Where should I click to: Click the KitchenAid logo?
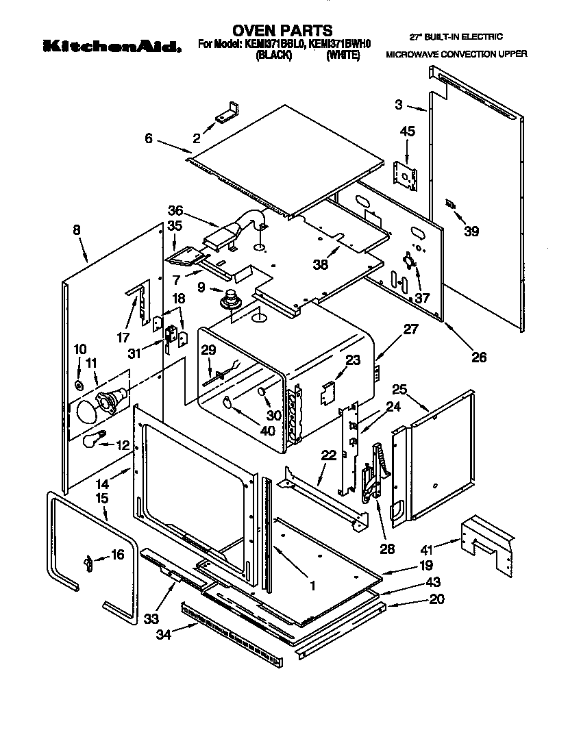coord(112,47)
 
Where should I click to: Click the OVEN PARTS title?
coord(282,30)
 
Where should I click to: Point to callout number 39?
coord(471,231)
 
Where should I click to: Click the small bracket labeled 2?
coord(227,111)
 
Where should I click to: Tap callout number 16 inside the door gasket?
coord(117,555)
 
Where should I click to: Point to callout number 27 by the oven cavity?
coord(410,329)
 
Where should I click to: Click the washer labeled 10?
coord(80,386)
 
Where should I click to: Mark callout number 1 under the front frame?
coord(312,586)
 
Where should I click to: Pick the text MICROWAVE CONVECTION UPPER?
coord(456,53)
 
